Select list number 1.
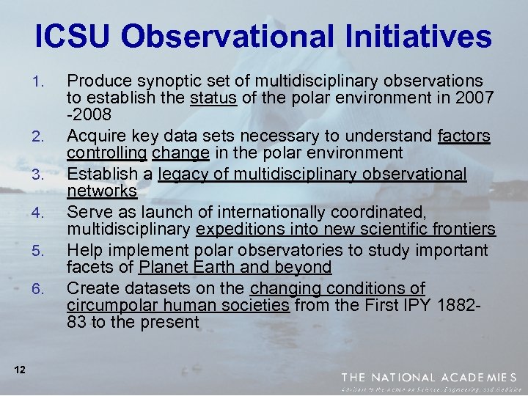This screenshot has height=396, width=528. click(42, 80)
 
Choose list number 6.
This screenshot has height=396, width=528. click(42, 289)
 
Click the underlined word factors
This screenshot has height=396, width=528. click(464, 136)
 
